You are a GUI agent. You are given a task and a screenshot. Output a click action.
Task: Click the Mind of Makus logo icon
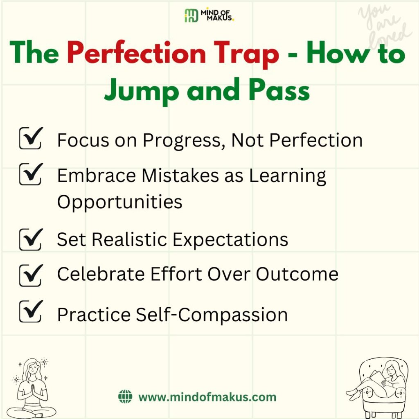coord(191,16)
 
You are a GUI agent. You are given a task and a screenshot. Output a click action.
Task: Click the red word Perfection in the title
coord(136,53)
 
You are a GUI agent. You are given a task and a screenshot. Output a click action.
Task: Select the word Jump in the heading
coord(141,90)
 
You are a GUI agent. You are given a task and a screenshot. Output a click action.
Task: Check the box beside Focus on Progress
coord(31,138)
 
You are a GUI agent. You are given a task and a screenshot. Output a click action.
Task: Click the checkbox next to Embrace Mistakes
coord(31,174)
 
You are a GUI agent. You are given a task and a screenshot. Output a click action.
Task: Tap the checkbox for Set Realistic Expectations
coord(31,239)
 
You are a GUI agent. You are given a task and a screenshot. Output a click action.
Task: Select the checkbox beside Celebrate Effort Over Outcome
coord(31,275)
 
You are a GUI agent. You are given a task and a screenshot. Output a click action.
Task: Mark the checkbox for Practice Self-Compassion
coord(31,311)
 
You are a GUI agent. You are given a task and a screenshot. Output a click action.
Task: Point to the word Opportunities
coord(120,202)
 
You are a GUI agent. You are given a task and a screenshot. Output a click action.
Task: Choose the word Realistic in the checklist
coord(130,239)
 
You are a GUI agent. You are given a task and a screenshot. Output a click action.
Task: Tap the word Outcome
coord(297,274)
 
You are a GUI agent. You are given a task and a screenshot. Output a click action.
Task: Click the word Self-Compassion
coord(212,315)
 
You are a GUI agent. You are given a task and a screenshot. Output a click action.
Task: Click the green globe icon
coord(125,396)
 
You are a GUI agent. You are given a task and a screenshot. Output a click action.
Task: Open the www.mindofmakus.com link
coord(207,397)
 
